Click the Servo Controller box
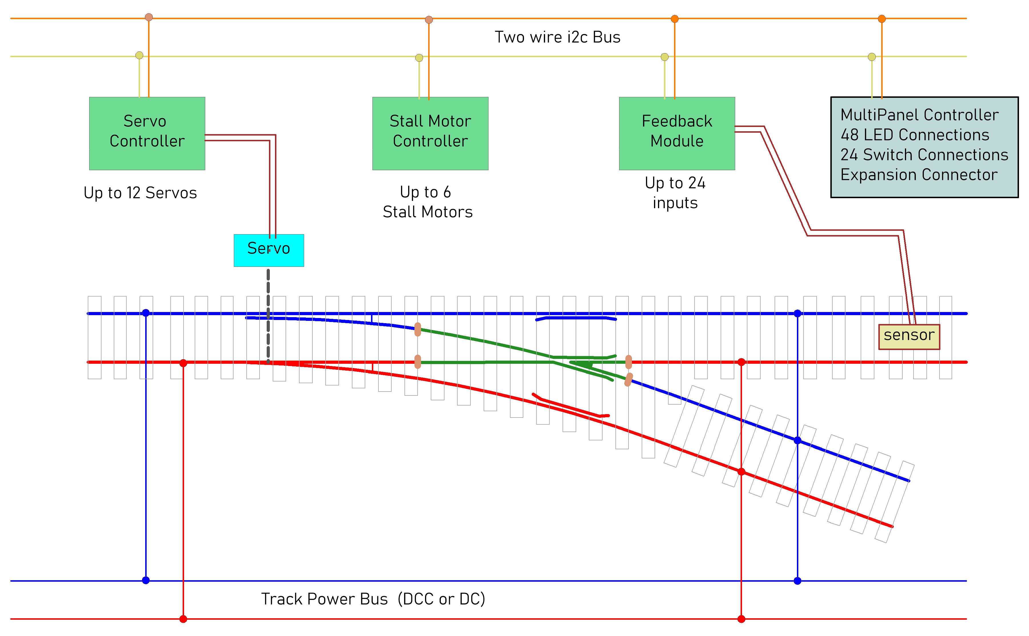tap(147, 133)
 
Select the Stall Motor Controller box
tap(430, 133)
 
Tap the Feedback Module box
tap(677, 133)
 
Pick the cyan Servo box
tap(269, 250)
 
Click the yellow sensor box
tap(909, 337)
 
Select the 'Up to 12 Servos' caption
tap(140, 193)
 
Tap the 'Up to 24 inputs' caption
tap(675, 193)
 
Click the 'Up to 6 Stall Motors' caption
tap(428, 202)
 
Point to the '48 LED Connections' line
tap(915, 135)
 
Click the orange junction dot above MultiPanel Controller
tap(882, 19)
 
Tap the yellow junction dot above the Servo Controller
tap(139, 55)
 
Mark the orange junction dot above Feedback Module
tap(675, 19)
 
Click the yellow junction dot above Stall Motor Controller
tap(419, 58)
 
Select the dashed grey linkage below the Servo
tap(268, 315)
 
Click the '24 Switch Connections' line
tap(924, 155)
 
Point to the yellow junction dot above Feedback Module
tap(665, 57)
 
